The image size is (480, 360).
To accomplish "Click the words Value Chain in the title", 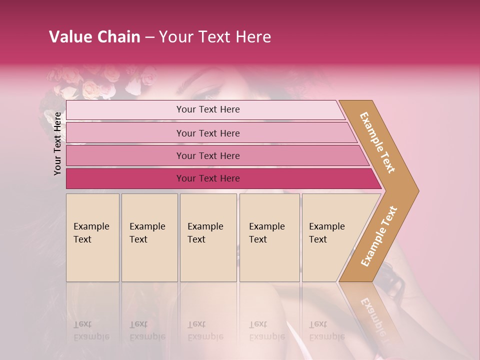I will tap(94, 37).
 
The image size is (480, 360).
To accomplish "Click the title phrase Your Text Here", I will tap(215, 37).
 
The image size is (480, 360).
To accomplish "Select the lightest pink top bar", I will tap(208, 109).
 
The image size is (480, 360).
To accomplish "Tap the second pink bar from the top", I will tap(208, 133).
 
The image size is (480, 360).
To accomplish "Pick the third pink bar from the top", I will tap(208, 155).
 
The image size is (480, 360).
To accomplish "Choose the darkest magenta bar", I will tap(208, 178).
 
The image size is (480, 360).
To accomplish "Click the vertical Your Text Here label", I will tap(57, 143).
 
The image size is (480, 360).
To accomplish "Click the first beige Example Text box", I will tap(92, 237).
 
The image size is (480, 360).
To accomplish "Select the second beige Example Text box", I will tap(149, 237).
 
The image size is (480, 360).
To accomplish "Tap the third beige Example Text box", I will tap(208, 237).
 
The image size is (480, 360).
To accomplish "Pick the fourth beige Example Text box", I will tap(269, 237).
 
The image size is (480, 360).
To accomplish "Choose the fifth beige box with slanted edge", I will tap(330, 237).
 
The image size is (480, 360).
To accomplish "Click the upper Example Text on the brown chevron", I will tap(377, 142).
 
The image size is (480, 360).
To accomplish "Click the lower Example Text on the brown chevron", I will tap(379, 236).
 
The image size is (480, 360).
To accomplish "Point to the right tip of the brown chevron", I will tap(417, 191).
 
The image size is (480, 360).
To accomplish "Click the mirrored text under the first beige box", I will tap(91, 330).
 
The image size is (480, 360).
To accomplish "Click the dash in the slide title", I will tap(149, 37).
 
